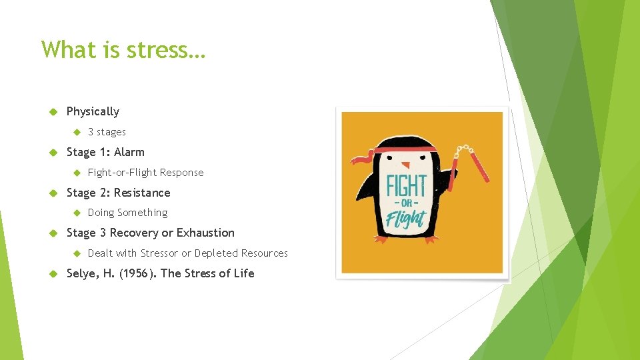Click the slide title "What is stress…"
124,50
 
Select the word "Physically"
93,111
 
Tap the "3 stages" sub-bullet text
107,132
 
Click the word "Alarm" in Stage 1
129,152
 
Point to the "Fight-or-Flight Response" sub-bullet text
145,173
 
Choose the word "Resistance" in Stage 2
142,193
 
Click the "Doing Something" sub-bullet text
127,213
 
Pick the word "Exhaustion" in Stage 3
206,233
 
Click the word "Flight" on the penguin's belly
406,219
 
